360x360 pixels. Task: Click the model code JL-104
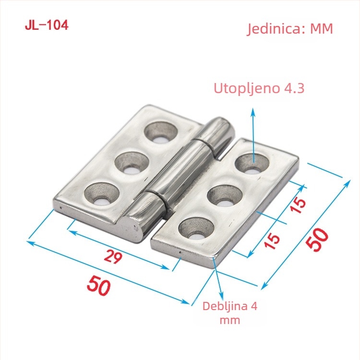point(47,25)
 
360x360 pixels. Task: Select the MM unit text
point(322,29)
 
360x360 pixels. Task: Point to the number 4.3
point(294,88)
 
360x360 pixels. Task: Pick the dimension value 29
point(113,256)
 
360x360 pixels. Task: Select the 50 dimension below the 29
point(99,286)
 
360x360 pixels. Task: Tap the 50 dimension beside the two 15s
point(317,239)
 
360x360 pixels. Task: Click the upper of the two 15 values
point(298,205)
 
